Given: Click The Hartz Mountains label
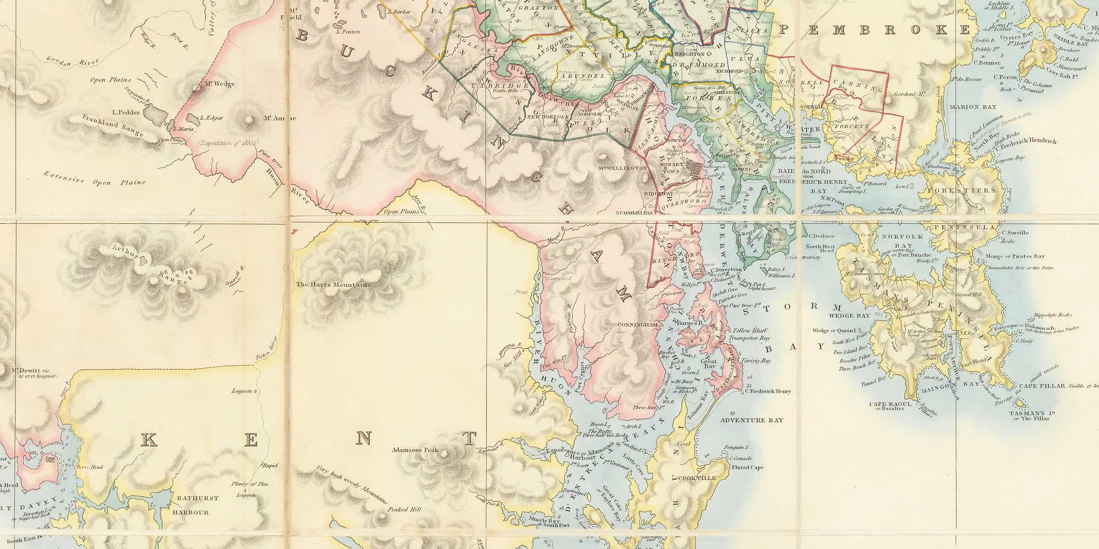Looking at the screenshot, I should click(333, 285).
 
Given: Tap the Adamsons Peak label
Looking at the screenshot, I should click(415, 450).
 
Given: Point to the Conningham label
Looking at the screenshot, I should click(638, 325).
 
